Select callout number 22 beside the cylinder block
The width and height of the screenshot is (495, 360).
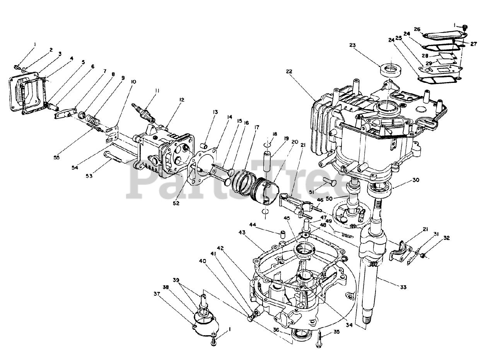click(x=290, y=71)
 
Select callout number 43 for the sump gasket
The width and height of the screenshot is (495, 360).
click(x=242, y=232)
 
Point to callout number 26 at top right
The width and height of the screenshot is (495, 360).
click(x=417, y=29)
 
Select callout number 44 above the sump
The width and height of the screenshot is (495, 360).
click(x=253, y=225)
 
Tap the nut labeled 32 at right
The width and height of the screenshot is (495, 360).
click(x=423, y=255)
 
